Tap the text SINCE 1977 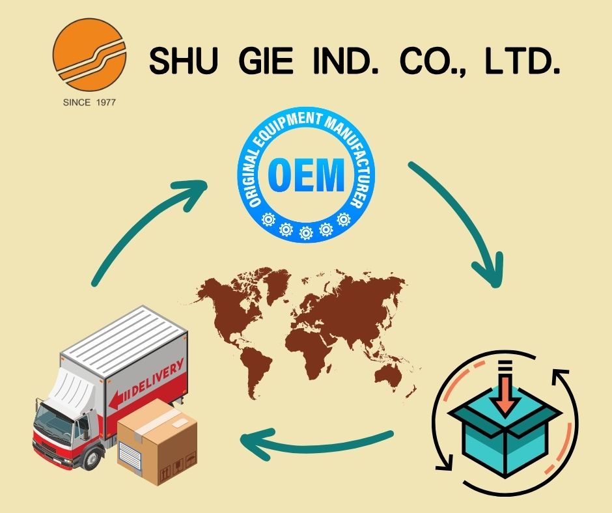pos(89,102)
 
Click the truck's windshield pos(55,417)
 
